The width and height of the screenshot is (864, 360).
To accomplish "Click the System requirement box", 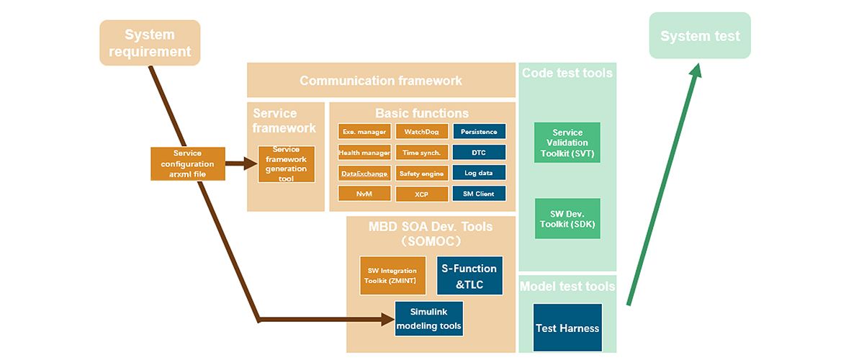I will [x=150, y=43].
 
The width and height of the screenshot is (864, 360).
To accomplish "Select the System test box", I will [x=700, y=36].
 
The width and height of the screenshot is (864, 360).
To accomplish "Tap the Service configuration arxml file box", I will [x=187, y=164].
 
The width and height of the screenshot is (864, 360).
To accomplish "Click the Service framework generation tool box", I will [x=287, y=164].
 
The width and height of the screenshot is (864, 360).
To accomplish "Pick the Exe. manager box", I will [x=364, y=132].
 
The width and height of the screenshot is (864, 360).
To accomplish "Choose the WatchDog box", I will [x=422, y=132].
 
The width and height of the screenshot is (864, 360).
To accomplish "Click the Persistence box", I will [x=479, y=132].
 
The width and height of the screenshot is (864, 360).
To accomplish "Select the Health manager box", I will [x=364, y=153].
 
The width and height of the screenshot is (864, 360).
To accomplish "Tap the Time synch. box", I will [x=422, y=153].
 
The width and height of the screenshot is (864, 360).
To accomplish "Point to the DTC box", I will [x=479, y=153].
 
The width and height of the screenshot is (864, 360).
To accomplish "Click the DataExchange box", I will [x=364, y=174].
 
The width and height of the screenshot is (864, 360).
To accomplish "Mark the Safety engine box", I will [x=422, y=174].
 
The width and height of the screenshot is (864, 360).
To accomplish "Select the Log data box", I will [x=479, y=173].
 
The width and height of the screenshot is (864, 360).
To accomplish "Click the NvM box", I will [x=364, y=194].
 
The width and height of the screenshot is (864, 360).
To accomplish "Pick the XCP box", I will [x=422, y=194].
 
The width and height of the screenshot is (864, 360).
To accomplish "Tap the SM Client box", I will [x=479, y=194].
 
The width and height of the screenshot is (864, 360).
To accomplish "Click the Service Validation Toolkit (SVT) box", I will [x=567, y=143].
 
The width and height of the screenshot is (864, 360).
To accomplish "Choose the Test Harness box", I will [x=567, y=328].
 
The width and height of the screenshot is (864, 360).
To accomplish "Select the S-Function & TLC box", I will [x=469, y=276].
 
